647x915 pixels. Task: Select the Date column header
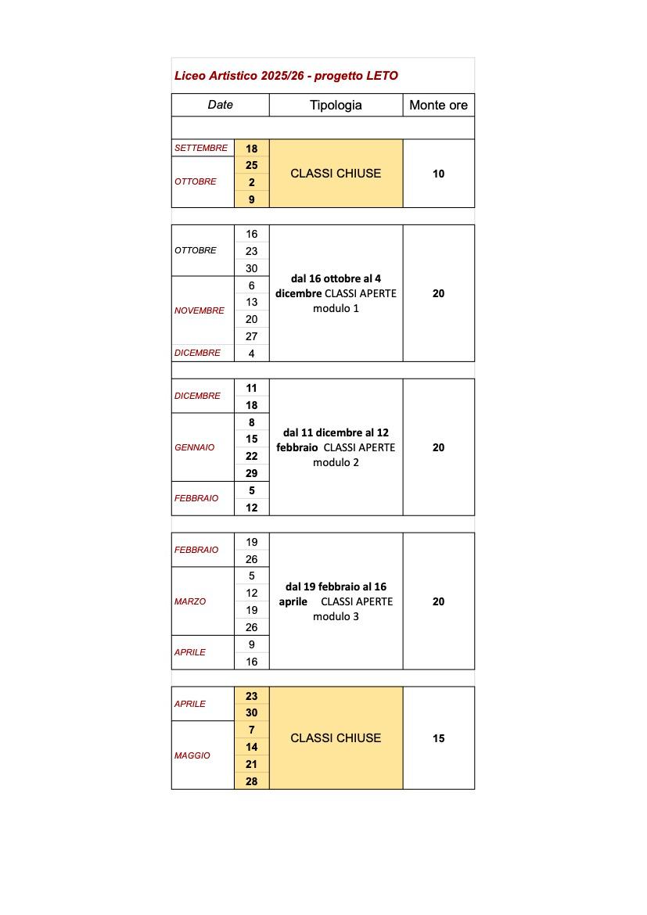click(220, 105)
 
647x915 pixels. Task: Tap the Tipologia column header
click(336, 105)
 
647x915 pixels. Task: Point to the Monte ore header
click(438, 105)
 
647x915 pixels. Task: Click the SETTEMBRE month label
click(201, 148)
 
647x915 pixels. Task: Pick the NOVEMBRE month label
click(199, 310)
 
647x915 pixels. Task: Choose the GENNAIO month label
click(195, 447)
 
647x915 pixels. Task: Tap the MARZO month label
click(190, 601)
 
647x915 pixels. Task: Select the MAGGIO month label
click(192, 755)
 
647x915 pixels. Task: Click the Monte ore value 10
click(438, 174)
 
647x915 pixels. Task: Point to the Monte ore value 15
click(438, 738)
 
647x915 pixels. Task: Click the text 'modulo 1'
click(336, 308)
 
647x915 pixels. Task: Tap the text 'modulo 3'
click(336, 616)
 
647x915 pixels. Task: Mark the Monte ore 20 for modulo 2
click(438, 447)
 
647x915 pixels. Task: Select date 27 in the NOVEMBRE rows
click(251, 336)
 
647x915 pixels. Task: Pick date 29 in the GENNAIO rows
click(251, 473)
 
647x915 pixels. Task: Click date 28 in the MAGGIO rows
click(251, 781)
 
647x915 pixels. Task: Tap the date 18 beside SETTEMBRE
click(251, 149)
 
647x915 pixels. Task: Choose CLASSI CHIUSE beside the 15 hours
click(336, 737)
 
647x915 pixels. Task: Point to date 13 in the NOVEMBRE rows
click(251, 302)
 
